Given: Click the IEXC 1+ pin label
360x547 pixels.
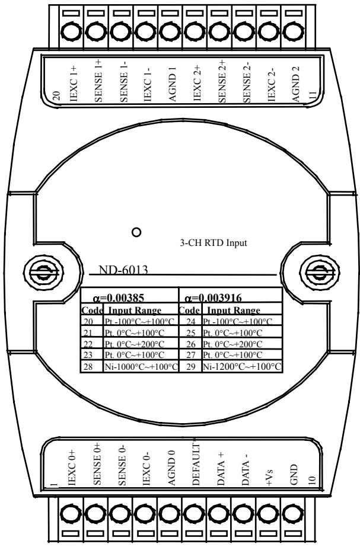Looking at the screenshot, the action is tap(74, 84).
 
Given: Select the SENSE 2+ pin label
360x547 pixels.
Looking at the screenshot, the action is tap(222, 81).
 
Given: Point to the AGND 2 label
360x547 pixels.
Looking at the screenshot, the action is tap(296, 84).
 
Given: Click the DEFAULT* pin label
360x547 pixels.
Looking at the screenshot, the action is tap(196, 464).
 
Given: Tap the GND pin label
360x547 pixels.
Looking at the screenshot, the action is tap(294, 475).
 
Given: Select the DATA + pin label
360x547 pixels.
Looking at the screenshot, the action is tap(221, 468).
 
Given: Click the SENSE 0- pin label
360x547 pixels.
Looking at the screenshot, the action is tap(122, 465).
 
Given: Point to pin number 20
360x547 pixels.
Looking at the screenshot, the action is tap(57, 96).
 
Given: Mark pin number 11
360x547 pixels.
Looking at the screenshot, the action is tap(313, 96).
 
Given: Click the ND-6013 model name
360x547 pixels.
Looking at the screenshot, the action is tap(123, 270).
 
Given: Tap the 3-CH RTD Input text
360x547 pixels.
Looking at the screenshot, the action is tap(213, 242).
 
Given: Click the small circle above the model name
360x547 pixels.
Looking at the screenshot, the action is tap(136, 232).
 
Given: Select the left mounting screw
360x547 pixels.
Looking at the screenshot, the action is tap(43, 273).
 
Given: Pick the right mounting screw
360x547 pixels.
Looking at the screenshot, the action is tap(320, 273).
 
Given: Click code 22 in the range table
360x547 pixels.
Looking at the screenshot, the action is tap(88, 344).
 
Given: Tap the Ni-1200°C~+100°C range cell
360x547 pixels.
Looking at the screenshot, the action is tap(242, 367).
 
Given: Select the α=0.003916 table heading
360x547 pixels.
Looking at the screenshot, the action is tap(213, 298).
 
